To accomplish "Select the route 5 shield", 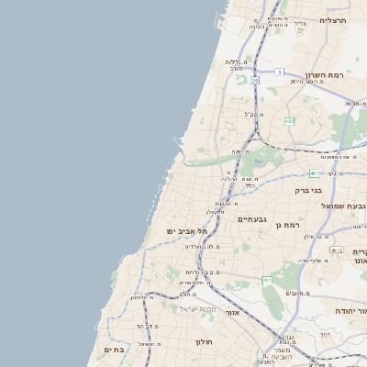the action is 278,72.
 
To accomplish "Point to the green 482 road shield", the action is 289,121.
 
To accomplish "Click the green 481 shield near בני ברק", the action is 315,172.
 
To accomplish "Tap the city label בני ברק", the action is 307,191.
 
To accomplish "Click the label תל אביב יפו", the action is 183,231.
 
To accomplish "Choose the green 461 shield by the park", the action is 267,280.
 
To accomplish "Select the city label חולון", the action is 203,342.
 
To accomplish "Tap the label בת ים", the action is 114,349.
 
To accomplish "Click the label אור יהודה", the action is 346,312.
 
